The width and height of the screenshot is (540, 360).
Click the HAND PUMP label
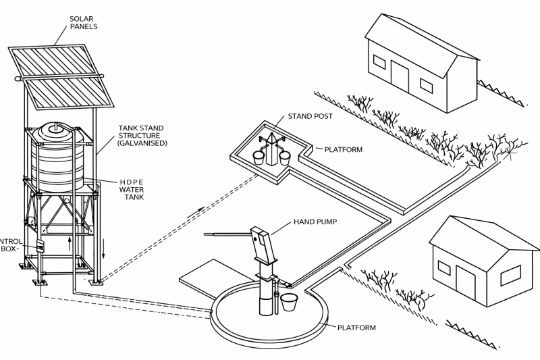pyautogui.click(x=315, y=222)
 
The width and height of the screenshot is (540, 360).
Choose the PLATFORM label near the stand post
pyautogui.click(x=344, y=149)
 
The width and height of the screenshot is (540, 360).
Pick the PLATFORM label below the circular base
pyautogui.click(x=356, y=328)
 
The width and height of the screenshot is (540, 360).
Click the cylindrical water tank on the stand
pyautogui.click(x=60, y=156)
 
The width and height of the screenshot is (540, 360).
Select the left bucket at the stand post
pyautogui.click(x=259, y=157)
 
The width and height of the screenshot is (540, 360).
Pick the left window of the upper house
pyautogui.click(x=379, y=63)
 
